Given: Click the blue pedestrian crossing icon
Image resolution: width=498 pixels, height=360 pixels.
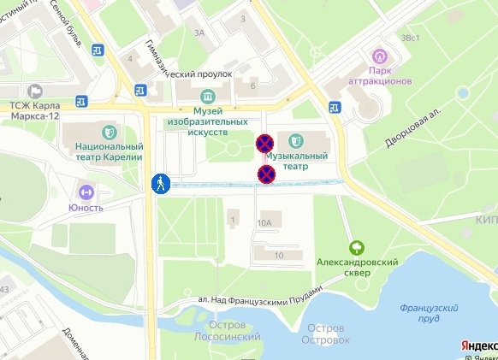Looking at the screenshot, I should click(160, 183).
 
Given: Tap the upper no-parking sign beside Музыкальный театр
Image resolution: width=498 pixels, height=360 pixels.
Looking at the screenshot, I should click(265, 143).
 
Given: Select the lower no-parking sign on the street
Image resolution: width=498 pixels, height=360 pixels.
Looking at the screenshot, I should click(266, 174).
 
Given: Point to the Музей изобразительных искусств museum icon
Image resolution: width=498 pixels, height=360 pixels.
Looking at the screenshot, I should click(206, 96).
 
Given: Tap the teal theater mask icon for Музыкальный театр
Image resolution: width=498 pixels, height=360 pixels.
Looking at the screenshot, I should click(295, 140).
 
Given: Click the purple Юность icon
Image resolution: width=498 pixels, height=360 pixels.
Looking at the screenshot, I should click(86, 192).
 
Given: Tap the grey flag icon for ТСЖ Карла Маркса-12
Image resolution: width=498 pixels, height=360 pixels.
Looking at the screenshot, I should click(35, 90).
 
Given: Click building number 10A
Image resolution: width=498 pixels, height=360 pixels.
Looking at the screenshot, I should click(265, 223).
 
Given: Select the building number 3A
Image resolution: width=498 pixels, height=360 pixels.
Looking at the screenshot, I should click(201, 32).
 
